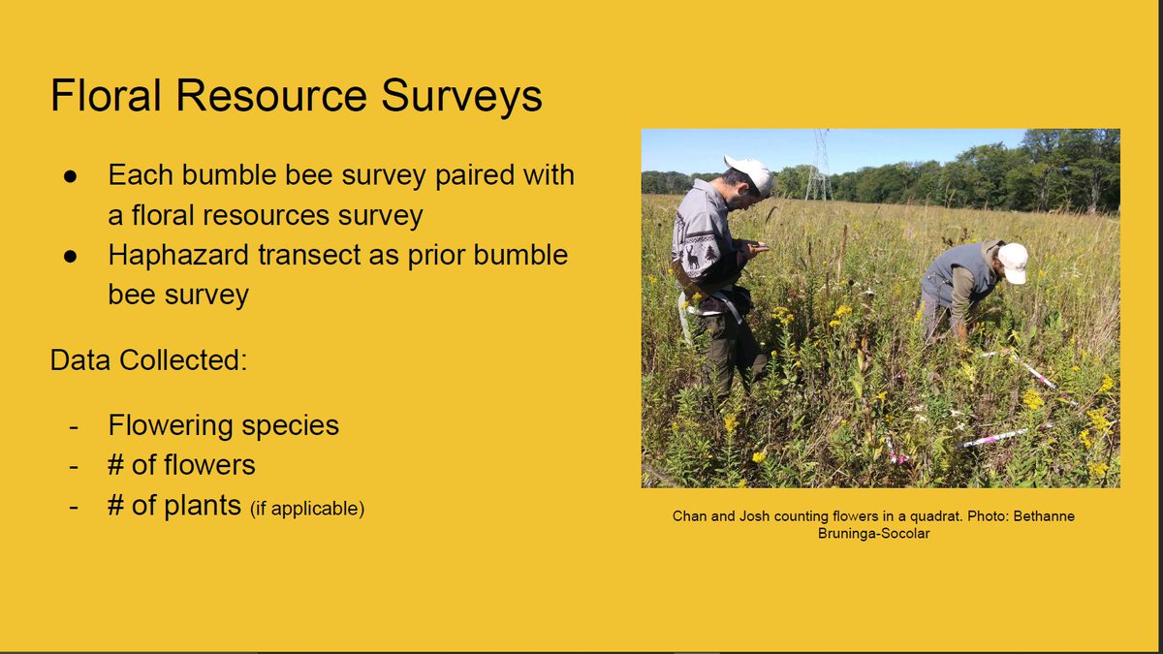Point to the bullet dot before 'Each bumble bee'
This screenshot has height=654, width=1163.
(x=70, y=177)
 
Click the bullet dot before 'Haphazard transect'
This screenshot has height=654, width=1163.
(x=70, y=256)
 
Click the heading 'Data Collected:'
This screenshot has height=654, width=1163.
(x=148, y=360)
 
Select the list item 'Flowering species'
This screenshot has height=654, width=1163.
(x=223, y=425)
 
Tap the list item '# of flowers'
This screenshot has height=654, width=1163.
(x=181, y=465)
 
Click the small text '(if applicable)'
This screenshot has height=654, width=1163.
(x=307, y=508)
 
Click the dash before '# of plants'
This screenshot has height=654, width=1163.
(x=73, y=506)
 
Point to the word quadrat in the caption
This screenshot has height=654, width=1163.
(x=927, y=516)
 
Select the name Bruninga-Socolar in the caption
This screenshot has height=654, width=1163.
(x=873, y=534)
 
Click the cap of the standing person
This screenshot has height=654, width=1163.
(x=750, y=171)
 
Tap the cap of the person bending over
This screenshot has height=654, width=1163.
(x=1013, y=262)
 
